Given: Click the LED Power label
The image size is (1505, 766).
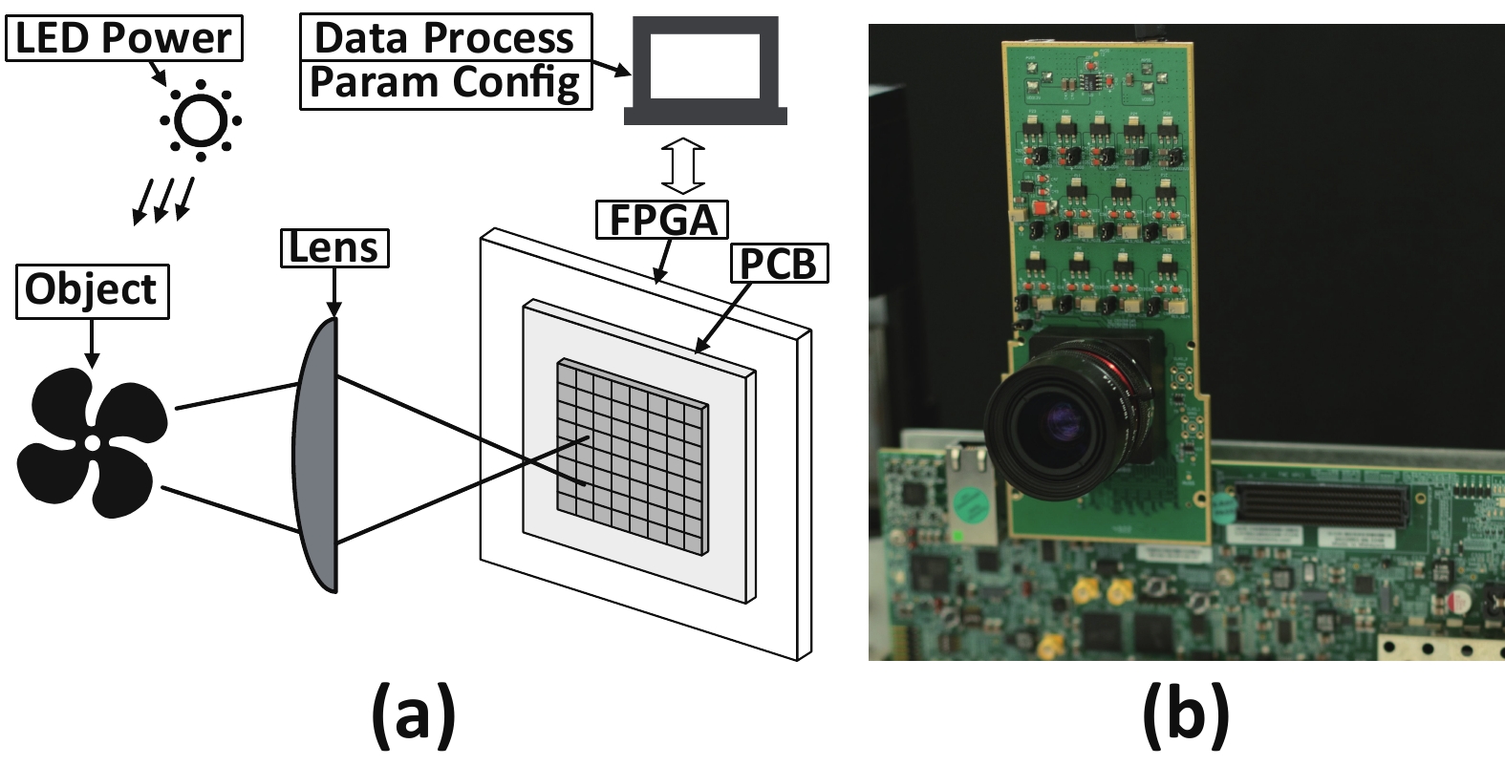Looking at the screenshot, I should click(124, 39).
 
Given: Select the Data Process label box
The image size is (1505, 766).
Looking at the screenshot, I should click(445, 38).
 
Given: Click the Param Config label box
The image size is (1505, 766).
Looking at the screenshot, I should click(445, 83).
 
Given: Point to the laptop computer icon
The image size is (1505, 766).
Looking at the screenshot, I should click(705, 73).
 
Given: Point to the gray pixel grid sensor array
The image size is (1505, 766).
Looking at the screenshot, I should click(633, 457).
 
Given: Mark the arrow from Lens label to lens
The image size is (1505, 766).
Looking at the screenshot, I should click(333, 290).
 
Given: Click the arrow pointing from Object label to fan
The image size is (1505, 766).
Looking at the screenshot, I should click(92, 343).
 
